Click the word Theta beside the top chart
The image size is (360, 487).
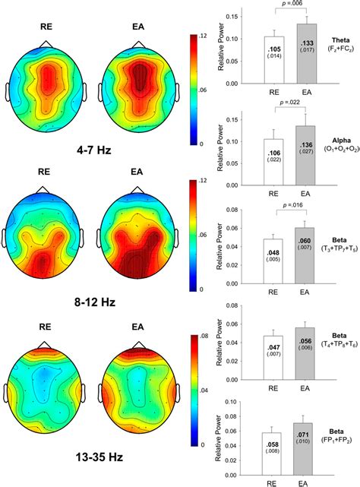pyautogui.click(x=338, y=40)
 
